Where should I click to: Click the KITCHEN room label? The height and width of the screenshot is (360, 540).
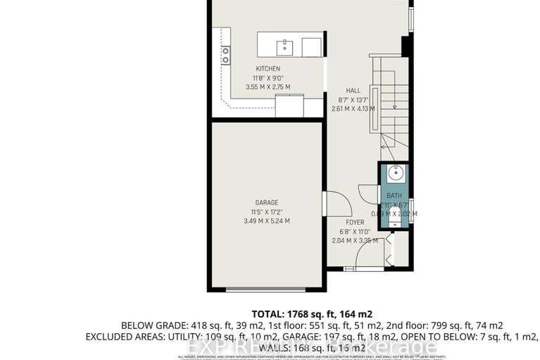click(268, 68)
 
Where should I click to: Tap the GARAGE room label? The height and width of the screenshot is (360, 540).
click(267, 201)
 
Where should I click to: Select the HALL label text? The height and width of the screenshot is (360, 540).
click(353, 90)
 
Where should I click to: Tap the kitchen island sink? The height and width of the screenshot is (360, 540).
click(285, 47)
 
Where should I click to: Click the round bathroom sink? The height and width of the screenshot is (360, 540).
click(394, 171)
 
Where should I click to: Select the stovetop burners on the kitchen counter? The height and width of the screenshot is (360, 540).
click(226, 55)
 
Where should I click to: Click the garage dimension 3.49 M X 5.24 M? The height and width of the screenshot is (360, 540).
click(266, 221)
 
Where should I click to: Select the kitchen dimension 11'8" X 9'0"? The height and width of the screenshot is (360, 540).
click(268, 77)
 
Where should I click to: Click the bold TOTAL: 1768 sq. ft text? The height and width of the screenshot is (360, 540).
click(310, 314)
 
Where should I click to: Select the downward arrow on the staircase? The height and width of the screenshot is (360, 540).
click(395, 106)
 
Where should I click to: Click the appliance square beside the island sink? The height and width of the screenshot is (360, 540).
click(312, 47)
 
